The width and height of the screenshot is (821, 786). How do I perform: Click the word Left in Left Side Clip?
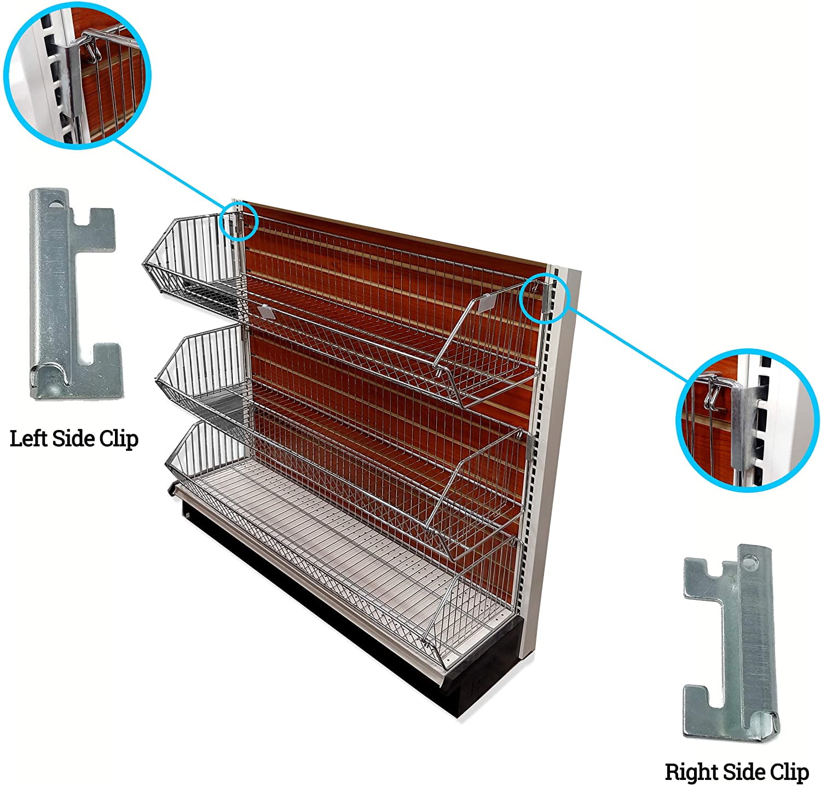(x=28, y=439)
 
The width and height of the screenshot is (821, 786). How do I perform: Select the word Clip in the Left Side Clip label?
(x=118, y=439)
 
